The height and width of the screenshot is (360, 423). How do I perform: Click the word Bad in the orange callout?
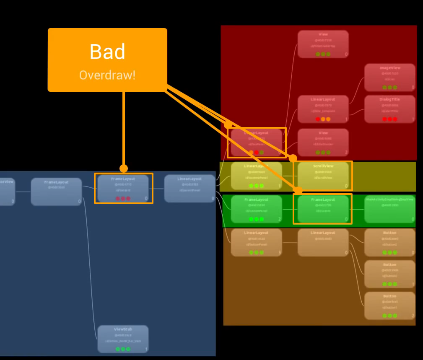(x=107, y=52)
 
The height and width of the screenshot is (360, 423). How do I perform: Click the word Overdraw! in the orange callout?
(x=107, y=75)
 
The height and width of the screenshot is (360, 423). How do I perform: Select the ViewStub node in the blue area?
(x=123, y=339)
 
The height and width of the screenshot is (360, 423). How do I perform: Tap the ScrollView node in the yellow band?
(x=323, y=176)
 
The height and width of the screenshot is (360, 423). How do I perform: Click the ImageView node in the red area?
(x=389, y=78)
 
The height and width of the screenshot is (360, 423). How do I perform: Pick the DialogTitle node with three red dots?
(x=389, y=109)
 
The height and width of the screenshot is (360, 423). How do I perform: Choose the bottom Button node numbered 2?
(x=389, y=306)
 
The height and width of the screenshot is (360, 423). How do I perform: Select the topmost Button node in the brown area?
(x=389, y=243)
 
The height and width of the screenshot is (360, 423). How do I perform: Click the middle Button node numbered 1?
(x=389, y=274)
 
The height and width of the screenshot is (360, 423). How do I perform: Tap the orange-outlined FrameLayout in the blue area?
(x=123, y=189)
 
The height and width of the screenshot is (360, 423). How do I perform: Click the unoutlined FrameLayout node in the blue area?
(x=56, y=192)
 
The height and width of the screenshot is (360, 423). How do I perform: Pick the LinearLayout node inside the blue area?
(x=189, y=189)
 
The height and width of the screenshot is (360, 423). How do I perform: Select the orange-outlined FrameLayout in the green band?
(x=323, y=209)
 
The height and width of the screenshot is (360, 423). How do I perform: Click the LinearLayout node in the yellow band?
(x=256, y=176)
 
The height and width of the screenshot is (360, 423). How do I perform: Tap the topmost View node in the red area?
(x=323, y=44)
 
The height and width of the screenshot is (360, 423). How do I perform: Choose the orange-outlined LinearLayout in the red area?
(x=256, y=142)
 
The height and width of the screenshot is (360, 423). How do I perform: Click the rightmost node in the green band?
(x=389, y=209)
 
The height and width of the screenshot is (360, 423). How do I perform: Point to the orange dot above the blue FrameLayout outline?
(x=124, y=168)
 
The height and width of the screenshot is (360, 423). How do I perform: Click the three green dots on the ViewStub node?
(x=123, y=349)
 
